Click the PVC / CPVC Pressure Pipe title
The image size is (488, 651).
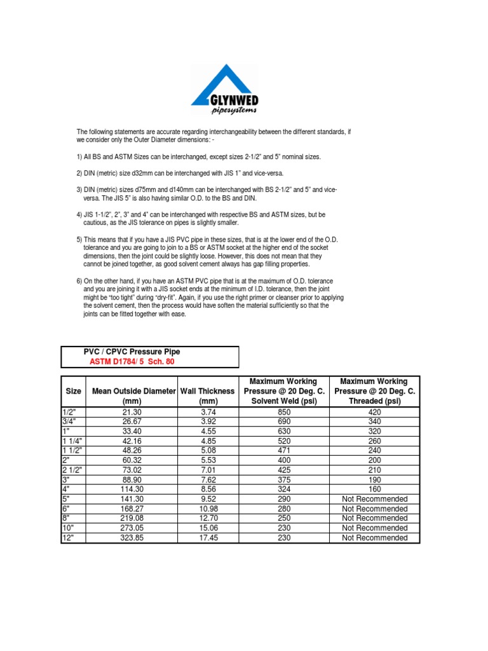[x=132, y=352]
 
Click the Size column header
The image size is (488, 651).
[x=74, y=392]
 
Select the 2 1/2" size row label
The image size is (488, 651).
[x=73, y=470]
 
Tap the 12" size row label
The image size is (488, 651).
[x=69, y=538]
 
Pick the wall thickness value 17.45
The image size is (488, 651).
[x=208, y=538]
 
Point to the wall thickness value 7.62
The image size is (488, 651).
[x=208, y=480]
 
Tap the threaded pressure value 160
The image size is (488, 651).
[x=374, y=490]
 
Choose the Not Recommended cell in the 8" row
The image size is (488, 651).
[x=374, y=519]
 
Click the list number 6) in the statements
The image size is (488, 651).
[x=80, y=280]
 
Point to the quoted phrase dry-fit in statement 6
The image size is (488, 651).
[x=157, y=298]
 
